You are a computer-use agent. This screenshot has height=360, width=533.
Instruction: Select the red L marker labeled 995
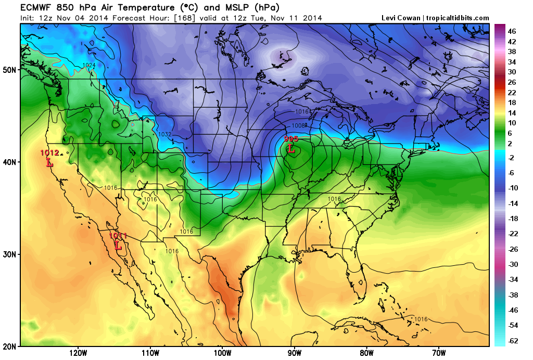point(291,149)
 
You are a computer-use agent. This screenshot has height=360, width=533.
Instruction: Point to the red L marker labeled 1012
point(50,162)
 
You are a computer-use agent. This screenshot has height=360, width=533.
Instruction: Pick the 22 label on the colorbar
point(512,92)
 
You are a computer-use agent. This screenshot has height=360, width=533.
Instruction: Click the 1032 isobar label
point(165,134)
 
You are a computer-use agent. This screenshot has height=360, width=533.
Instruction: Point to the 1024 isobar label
point(89,65)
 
